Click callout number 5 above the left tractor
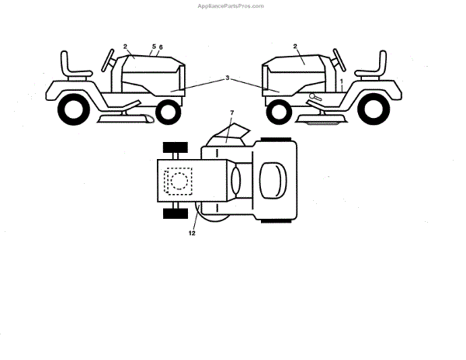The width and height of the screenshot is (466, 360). (x=154, y=47)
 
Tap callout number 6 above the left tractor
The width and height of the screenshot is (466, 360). (x=161, y=47)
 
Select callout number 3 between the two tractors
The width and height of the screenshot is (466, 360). (x=227, y=78)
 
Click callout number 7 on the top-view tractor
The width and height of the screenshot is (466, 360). (x=231, y=113)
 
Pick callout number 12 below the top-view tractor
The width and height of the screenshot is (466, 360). (x=191, y=232)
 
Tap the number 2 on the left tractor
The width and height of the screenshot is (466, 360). (x=125, y=47)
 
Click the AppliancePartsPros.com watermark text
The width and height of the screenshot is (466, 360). (x=231, y=5)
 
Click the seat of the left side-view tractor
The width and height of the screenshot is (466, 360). (x=75, y=65)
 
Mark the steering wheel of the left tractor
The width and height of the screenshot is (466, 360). (x=106, y=56)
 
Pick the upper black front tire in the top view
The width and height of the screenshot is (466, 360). (x=176, y=147)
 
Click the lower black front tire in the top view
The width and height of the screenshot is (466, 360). (x=176, y=214)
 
